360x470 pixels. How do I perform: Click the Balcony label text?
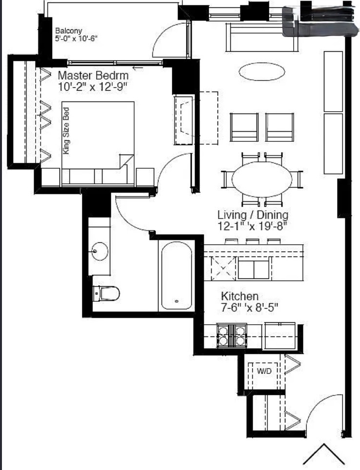69,31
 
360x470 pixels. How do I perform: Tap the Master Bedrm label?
93,75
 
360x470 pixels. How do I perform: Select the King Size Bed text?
66,131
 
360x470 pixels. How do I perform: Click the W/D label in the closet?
264,371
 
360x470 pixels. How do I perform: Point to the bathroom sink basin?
100,251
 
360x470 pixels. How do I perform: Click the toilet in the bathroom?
106,293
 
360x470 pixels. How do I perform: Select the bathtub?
177,275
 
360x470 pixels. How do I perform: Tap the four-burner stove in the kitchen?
232,335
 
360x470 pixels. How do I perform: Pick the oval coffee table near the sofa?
262,71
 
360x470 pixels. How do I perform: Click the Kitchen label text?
240,296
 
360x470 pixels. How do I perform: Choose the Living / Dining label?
253,215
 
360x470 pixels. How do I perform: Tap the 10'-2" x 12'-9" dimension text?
93,87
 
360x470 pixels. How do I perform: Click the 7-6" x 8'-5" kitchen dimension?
250,307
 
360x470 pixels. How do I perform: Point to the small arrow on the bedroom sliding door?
138,68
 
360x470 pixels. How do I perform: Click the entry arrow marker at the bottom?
324,453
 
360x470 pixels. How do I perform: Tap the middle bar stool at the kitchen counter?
253,241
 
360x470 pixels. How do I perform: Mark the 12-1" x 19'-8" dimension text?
252,226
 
